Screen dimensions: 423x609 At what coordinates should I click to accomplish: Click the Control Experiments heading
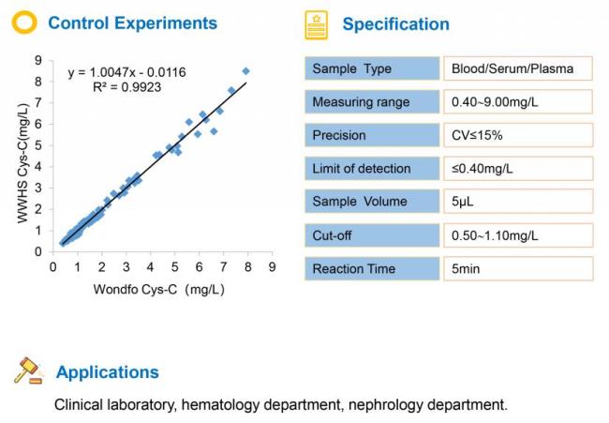[132, 23]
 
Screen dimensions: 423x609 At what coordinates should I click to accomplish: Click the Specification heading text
[395, 24]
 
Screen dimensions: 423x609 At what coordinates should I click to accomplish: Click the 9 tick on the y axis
[37, 60]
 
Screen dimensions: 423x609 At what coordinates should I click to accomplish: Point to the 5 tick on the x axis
[174, 267]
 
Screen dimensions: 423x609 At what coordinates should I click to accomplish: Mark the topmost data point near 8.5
[246, 70]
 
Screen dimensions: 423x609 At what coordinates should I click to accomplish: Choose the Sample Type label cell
[372, 68]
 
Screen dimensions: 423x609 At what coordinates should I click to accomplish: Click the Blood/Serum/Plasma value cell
[518, 68]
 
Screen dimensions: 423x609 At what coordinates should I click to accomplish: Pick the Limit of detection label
[372, 169]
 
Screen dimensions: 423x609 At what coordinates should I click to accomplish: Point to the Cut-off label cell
[372, 235]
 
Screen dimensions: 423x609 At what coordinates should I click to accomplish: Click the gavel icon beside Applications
[28, 370]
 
